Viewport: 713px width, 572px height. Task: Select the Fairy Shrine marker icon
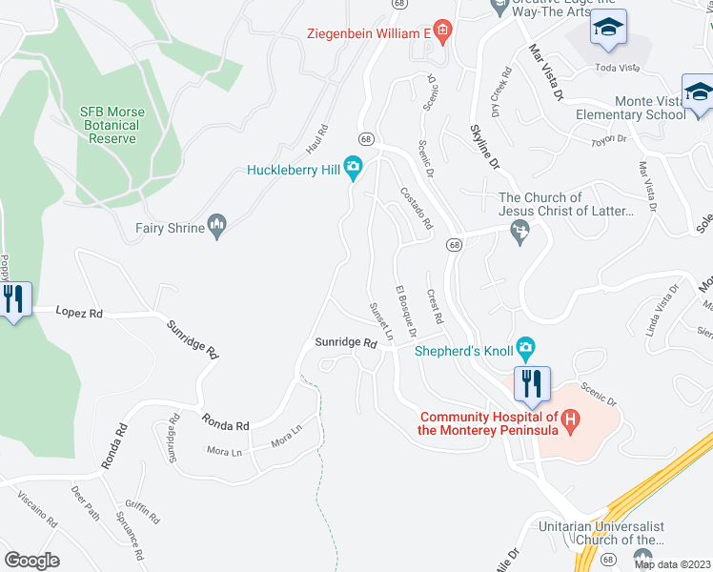click(218, 227)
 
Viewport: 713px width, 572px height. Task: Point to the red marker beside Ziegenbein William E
click(441, 32)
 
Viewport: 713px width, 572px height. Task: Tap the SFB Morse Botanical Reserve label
click(112, 125)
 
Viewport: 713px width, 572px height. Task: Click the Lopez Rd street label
click(78, 311)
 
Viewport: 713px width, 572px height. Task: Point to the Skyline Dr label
click(485, 147)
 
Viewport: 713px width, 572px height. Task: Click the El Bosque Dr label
click(407, 310)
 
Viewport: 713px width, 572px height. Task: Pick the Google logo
click(31, 560)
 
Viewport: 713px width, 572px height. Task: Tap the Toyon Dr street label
click(608, 139)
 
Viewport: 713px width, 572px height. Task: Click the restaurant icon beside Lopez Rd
click(13, 299)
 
